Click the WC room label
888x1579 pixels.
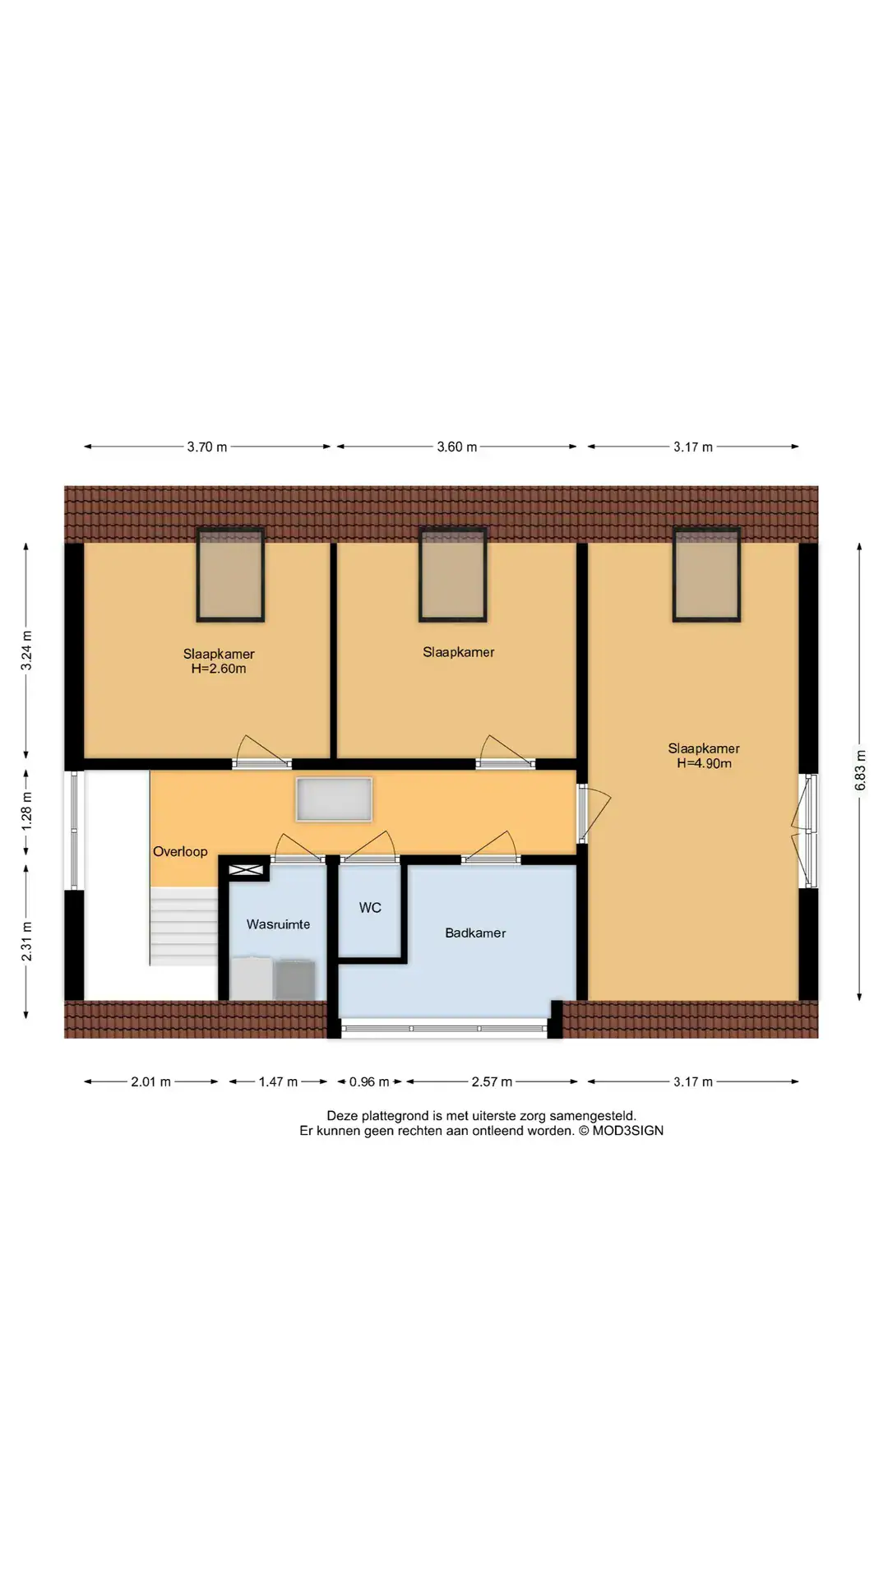(370, 908)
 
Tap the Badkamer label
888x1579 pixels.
(475, 933)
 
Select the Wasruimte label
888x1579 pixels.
(278, 924)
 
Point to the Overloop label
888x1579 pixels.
(180, 852)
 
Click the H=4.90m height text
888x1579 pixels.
(704, 763)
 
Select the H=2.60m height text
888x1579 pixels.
(219, 669)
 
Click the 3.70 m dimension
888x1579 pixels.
(206, 447)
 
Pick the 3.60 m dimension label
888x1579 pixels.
(456, 447)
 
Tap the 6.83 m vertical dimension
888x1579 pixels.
(860, 771)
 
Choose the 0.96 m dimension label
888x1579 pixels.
(369, 1082)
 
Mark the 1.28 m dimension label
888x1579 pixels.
(26, 810)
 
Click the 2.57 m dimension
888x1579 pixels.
(492, 1082)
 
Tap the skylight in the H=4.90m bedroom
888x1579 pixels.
(706, 574)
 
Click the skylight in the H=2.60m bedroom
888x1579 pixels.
(230, 574)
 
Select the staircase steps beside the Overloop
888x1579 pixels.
(183, 926)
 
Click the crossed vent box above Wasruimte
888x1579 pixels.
(246, 869)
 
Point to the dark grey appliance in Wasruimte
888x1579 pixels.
(294, 979)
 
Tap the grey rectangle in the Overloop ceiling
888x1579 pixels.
(334, 799)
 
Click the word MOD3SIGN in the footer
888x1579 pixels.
(627, 1131)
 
